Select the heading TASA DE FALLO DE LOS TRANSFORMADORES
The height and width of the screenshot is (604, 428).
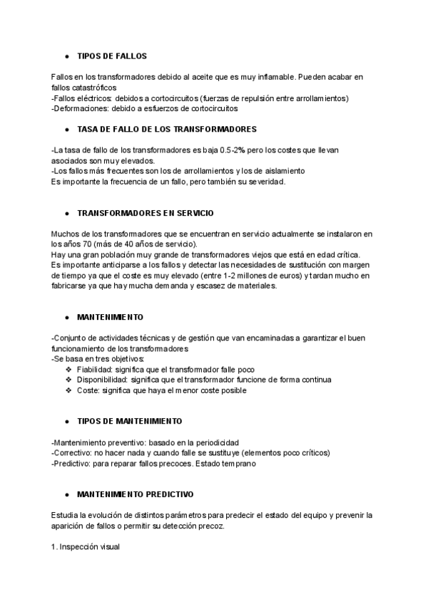pyautogui.click(x=166, y=130)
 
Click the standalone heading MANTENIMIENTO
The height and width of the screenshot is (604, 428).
pyautogui.click(x=110, y=316)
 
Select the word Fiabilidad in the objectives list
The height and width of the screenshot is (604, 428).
pyautogui.click(x=94, y=369)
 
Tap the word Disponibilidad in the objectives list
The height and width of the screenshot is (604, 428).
pyautogui.click(x=101, y=380)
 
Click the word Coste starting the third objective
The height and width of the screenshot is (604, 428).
pyautogui.click(x=87, y=390)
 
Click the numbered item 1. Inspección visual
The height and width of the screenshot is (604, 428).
pyautogui.click(x=86, y=546)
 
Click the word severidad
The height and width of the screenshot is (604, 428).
pyautogui.click(x=264, y=182)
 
